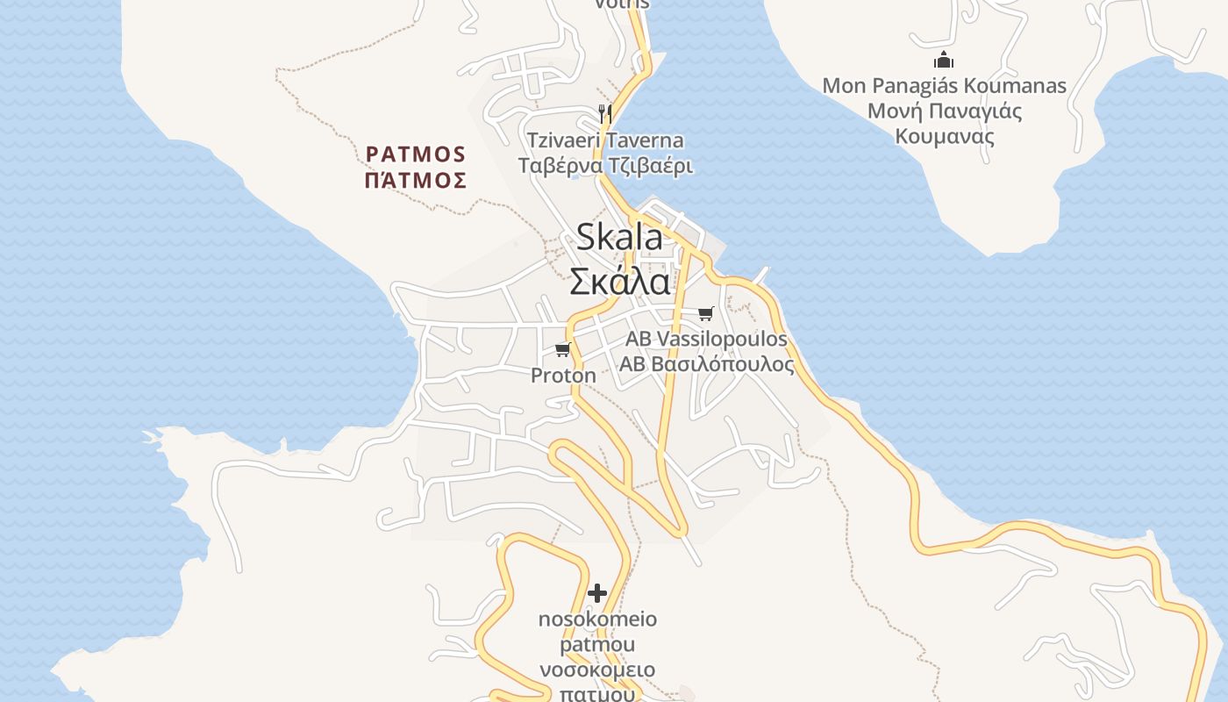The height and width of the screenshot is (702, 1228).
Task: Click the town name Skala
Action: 619,238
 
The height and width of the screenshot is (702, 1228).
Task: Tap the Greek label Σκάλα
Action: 619,282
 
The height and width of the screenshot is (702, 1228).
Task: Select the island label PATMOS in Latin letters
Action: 416,154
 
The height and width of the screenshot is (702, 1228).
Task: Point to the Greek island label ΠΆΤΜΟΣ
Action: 416,181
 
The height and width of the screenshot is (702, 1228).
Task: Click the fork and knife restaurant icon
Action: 604,112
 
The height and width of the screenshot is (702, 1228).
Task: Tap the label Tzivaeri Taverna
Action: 605,140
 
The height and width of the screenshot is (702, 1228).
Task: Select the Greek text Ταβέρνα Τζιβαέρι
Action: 605,166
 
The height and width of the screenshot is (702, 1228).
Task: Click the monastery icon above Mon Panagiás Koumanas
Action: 944,61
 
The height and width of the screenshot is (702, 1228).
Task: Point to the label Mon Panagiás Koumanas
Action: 944,86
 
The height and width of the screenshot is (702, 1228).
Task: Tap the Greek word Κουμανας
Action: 945,137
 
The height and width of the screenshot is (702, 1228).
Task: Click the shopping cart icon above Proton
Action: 562,350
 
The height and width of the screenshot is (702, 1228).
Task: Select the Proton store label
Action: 563,376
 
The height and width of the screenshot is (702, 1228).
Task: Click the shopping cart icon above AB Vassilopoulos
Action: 705,313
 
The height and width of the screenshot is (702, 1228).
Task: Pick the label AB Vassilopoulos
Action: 706,339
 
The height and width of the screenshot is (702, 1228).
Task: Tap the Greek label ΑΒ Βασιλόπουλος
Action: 707,364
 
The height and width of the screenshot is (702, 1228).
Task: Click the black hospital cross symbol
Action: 597,593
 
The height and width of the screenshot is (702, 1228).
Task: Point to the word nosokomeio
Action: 597,620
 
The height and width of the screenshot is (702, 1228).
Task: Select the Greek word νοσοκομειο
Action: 597,670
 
